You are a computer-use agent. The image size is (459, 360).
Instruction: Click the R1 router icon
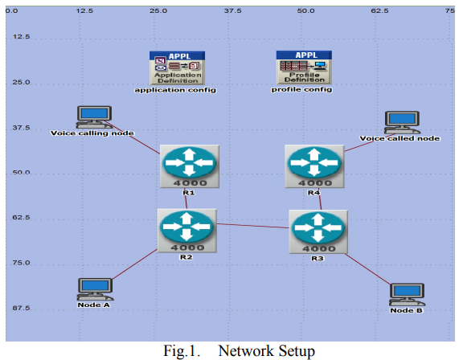[x=190, y=166]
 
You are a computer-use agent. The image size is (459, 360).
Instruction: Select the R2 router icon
[x=186, y=231]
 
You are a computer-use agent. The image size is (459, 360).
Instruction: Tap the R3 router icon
[x=318, y=231]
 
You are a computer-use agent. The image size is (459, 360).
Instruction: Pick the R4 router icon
[x=314, y=166]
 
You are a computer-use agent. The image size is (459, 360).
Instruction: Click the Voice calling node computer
[x=94, y=117]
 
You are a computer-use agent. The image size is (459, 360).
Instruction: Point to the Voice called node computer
[x=402, y=122]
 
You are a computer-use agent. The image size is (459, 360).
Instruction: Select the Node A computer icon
[x=95, y=289]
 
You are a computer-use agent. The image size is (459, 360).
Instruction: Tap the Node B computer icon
[x=407, y=294]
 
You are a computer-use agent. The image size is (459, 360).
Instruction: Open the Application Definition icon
[x=177, y=68]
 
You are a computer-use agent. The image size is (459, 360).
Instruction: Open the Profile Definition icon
[x=304, y=67]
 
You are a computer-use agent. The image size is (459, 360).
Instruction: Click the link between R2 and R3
[x=253, y=226]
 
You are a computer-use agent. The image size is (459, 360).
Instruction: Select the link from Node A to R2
[x=135, y=264]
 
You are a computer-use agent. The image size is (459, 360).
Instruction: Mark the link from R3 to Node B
[x=367, y=269]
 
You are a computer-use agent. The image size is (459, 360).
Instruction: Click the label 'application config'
[x=175, y=90]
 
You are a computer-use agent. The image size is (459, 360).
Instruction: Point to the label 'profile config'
[x=301, y=89]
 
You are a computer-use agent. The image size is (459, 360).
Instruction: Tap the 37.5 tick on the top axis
[x=233, y=10]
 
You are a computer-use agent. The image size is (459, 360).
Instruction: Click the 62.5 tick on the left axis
[x=21, y=218]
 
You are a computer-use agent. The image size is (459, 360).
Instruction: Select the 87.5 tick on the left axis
[x=21, y=308]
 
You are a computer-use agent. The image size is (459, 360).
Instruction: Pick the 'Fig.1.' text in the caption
[x=182, y=351]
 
